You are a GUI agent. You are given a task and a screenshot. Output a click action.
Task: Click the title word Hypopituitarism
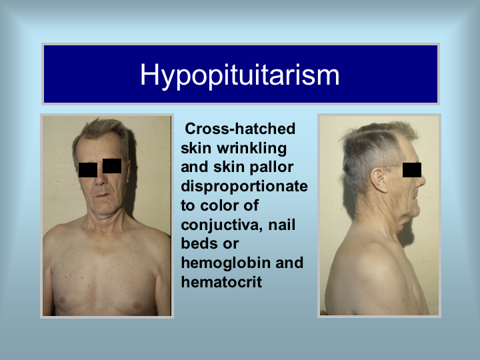[240, 75]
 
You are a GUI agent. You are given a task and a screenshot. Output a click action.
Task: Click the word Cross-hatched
[240, 129]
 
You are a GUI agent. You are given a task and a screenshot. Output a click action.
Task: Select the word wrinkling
[251, 149]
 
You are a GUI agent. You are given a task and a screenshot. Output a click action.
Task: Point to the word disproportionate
[244, 186]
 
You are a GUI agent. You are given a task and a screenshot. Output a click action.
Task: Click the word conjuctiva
[222, 225]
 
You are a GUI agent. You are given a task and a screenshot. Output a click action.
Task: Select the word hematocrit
[221, 282]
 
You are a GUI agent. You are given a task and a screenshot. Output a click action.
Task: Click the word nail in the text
[282, 225]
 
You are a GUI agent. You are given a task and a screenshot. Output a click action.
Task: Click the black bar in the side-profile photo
[412, 170]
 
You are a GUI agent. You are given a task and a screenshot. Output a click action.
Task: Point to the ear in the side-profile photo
[379, 180]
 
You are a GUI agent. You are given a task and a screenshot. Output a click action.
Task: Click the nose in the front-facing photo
[101, 179]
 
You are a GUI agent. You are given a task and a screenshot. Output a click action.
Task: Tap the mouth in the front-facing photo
[103, 195]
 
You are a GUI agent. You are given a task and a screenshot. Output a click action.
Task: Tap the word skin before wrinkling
[196, 148]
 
